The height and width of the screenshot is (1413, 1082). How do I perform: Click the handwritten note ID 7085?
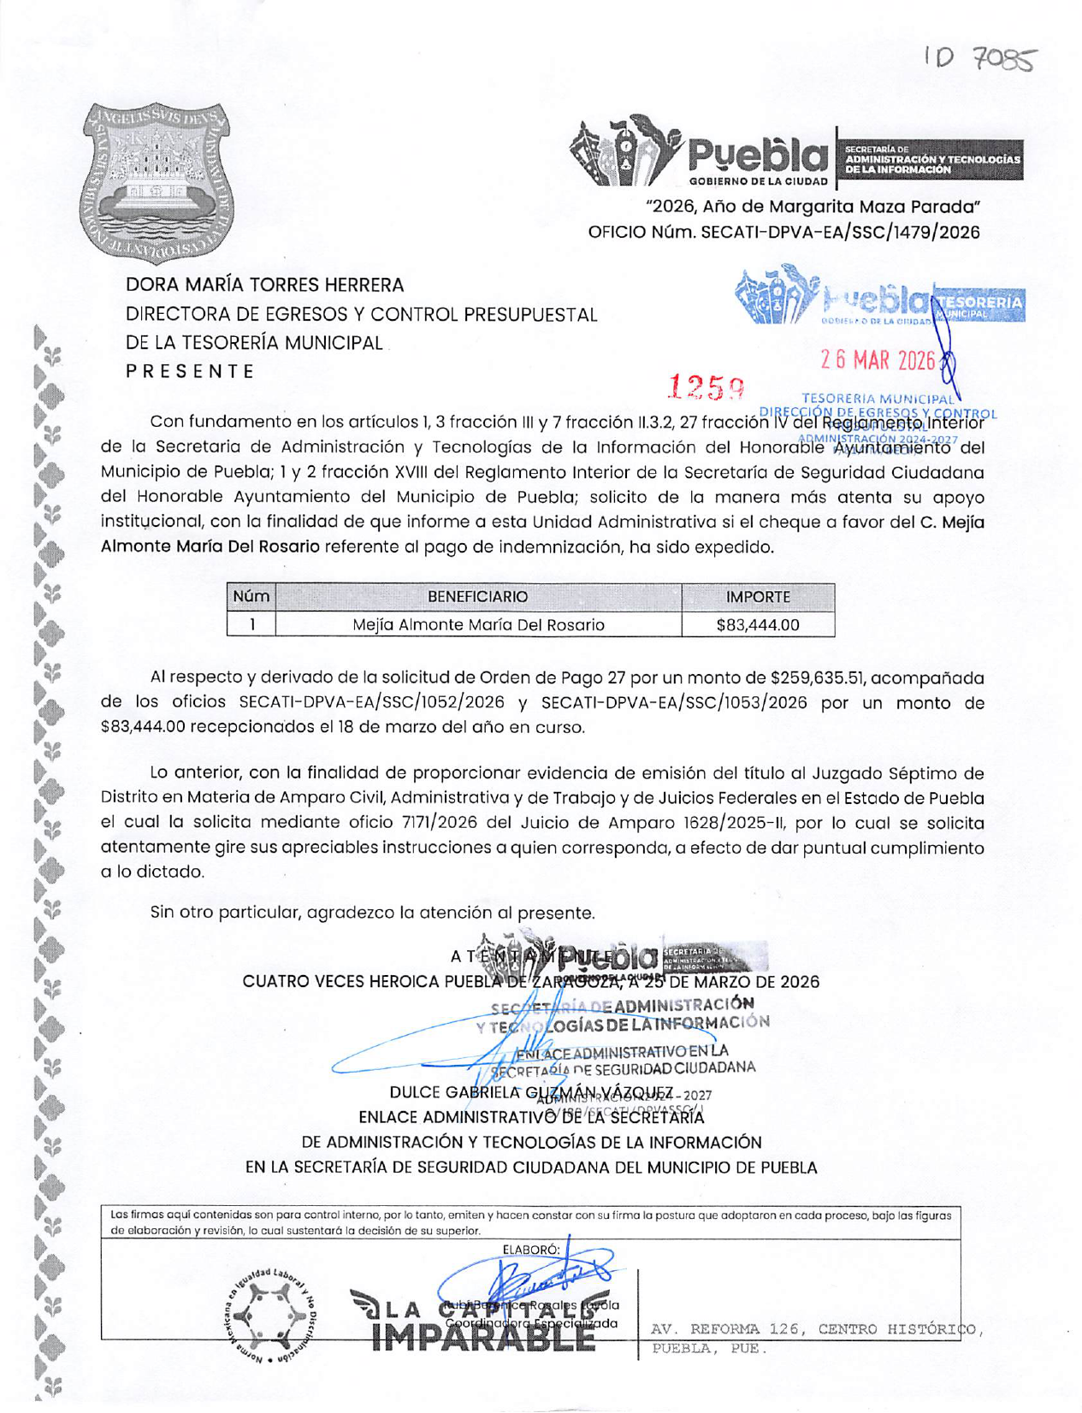[x=980, y=59]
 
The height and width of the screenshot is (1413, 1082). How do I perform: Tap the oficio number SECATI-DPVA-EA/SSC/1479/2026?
[x=840, y=233]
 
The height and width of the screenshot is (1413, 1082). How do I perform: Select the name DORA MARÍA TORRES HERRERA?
[x=265, y=285]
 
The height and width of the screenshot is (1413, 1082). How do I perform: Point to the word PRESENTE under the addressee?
[x=190, y=371]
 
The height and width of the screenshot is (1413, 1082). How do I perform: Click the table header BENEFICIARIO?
[x=477, y=597]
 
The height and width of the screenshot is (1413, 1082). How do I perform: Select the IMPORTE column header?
[x=758, y=597]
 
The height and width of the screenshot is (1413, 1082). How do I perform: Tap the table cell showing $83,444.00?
[x=758, y=625]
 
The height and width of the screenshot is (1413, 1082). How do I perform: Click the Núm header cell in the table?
[x=251, y=597]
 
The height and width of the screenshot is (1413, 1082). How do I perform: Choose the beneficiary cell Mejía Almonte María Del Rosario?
[x=478, y=625]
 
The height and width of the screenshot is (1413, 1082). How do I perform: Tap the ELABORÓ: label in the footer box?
[x=531, y=1250]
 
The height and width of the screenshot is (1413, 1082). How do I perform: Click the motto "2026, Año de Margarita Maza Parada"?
[x=813, y=207]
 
